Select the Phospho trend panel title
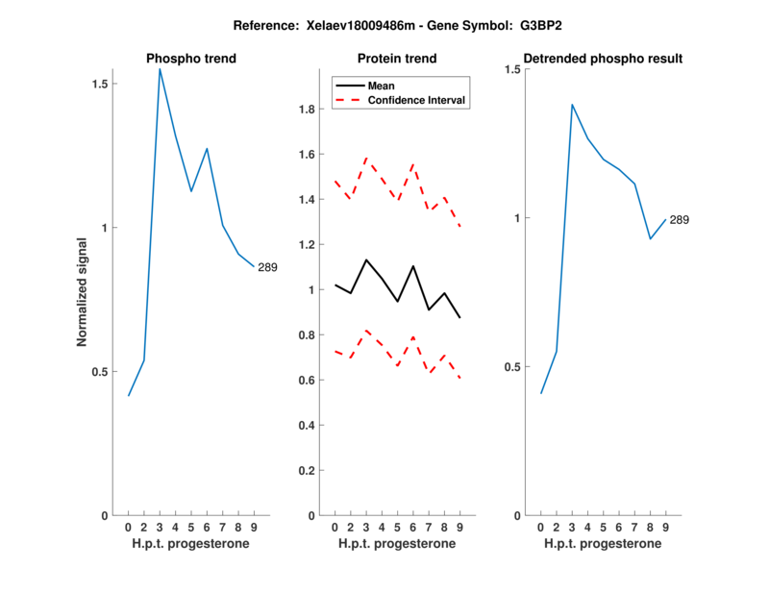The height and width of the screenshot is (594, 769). pyautogui.click(x=191, y=59)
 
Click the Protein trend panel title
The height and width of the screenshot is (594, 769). pyautogui.click(x=397, y=59)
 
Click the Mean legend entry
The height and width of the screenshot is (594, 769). pyautogui.click(x=381, y=85)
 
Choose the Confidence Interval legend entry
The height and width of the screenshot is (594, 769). pyautogui.click(x=417, y=99)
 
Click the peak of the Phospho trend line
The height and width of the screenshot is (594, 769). pyautogui.click(x=160, y=69)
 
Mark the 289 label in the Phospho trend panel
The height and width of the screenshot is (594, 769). pyautogui.click(x=267, y=267)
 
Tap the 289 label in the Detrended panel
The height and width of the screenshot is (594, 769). pyautogui.click(x=680, y=220)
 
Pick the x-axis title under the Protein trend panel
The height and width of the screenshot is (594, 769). pyautogui.click(x=397, y=544)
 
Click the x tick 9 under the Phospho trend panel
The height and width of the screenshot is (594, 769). pyautogui.click(x=255, y=528)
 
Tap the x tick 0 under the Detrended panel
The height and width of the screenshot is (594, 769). pyautogui.click(x=540, y=528)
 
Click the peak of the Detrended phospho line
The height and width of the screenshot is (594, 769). pyautogui.click(x=572, y=104)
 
